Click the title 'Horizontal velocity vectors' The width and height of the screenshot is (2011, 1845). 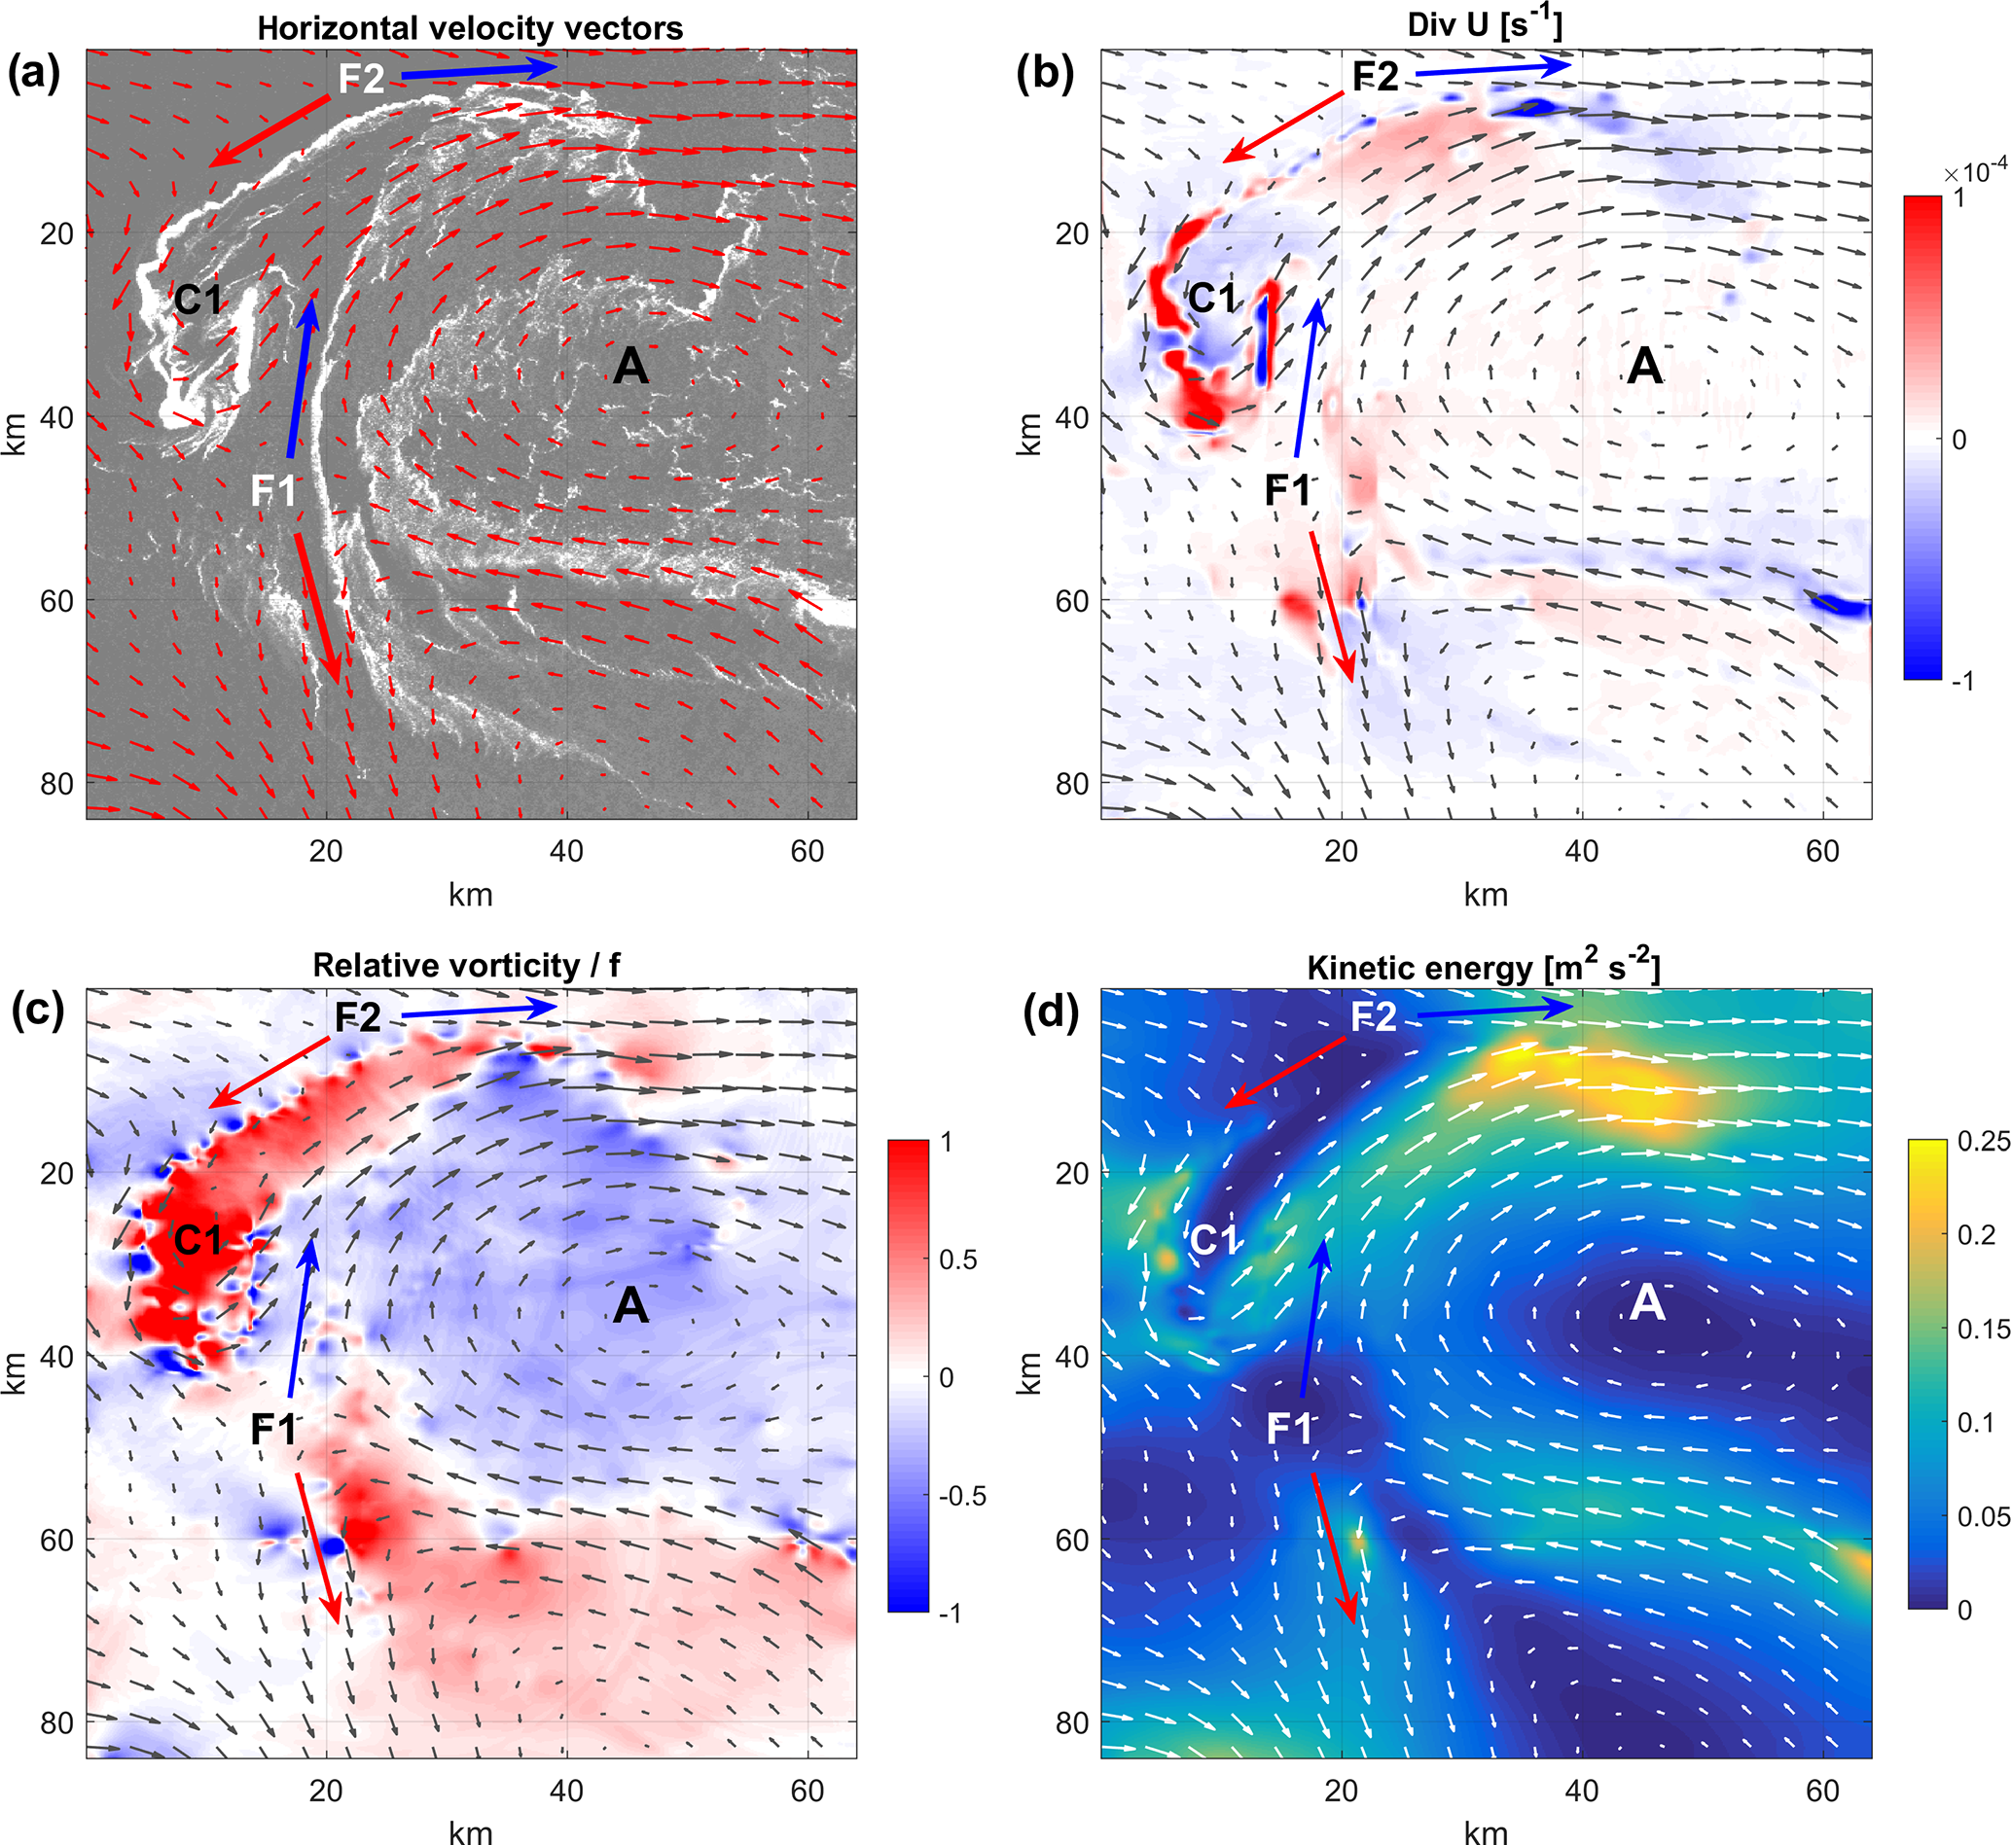[x=470, y=28]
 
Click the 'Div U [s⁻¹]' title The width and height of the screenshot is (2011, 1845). [x=1485, y=23]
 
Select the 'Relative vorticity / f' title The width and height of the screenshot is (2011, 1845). [x=466, y=966]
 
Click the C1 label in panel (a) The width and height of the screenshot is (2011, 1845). [x=198, y=300]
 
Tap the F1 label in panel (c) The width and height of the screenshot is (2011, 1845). [x=273, y=1430]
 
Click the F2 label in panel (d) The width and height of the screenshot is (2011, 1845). [x=1374, y=1016]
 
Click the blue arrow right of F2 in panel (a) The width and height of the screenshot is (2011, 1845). [x=480, y=71]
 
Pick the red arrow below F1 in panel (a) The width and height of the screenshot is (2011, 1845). [x=318, y=609]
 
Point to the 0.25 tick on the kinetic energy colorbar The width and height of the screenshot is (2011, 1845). [x=1983, y=1142]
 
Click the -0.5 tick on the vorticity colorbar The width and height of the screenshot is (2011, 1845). [x=962, y=1496]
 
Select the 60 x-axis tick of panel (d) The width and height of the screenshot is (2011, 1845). [x=1822, y=1792]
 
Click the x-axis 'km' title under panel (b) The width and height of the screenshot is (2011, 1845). [x=1486, y=895]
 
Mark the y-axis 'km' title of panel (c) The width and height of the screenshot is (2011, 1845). [x=16, y=1372]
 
